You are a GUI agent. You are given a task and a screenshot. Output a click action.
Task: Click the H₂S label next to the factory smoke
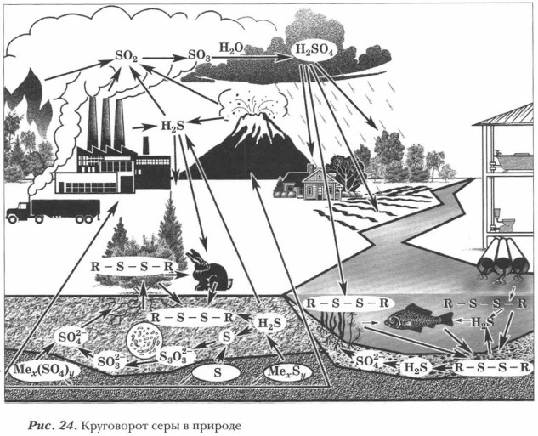173,124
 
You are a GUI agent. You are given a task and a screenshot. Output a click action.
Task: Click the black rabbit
210,271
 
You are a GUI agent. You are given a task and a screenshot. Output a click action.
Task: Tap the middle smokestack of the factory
106,123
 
